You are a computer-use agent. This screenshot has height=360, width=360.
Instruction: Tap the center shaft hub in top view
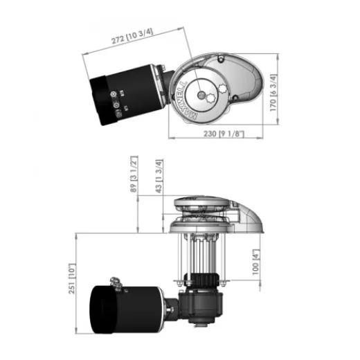201,93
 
